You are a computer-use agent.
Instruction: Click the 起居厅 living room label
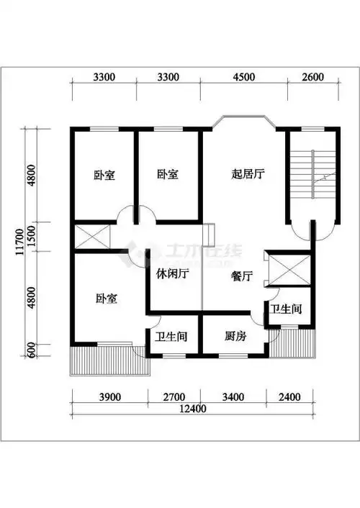(245, 174)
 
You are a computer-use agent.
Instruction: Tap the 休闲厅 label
(172, 273)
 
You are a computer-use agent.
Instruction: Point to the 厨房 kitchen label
(235, 335)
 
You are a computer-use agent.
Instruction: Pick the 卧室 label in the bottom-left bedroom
(106, 298)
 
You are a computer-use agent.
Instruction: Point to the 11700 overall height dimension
(13, 237)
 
